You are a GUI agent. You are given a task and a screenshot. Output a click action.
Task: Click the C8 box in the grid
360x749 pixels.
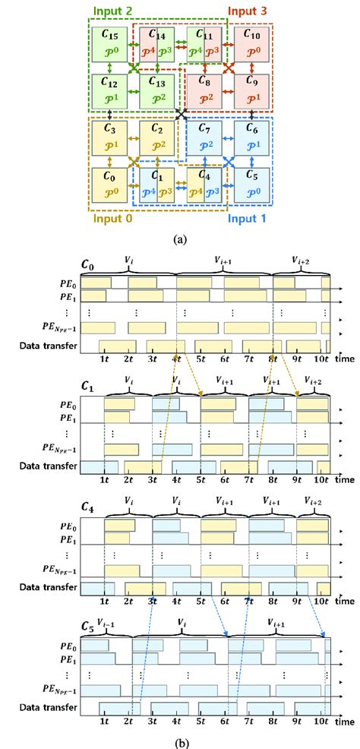[x=206, y=90]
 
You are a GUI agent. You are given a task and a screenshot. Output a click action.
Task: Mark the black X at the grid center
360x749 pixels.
[x=181, y=115]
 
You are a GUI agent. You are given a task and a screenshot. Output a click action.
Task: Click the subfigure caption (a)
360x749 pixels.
[x=180, y=239]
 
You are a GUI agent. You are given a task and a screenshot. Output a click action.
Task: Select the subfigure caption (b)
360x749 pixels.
[x=180, y=735]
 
